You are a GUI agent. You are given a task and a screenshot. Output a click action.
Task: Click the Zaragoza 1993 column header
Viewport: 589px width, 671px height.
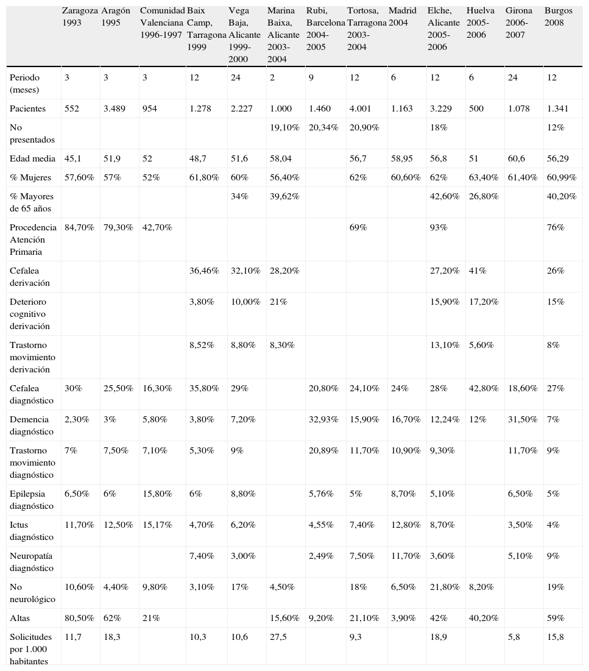[x=79, y=16]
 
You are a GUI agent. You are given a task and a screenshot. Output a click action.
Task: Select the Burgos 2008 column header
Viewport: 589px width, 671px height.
[x=559, y=16]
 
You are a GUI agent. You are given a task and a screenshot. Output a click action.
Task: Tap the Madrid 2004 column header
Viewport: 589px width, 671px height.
[x=403, y=16]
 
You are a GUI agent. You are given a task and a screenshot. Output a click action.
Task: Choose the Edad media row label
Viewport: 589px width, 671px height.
[x=30, y=158]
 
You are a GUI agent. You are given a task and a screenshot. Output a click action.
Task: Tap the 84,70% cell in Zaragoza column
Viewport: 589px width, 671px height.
[x=79, y=227]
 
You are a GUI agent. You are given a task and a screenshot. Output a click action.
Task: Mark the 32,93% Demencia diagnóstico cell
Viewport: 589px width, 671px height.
[x=322, y=419]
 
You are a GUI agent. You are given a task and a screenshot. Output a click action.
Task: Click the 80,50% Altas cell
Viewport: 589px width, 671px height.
[x=79, y=617]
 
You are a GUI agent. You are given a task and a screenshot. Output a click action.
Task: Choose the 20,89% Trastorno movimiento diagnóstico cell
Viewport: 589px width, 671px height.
[x=322, y=450]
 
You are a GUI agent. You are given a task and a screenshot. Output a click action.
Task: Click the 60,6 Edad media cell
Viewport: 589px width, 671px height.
[x=515, y=158]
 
